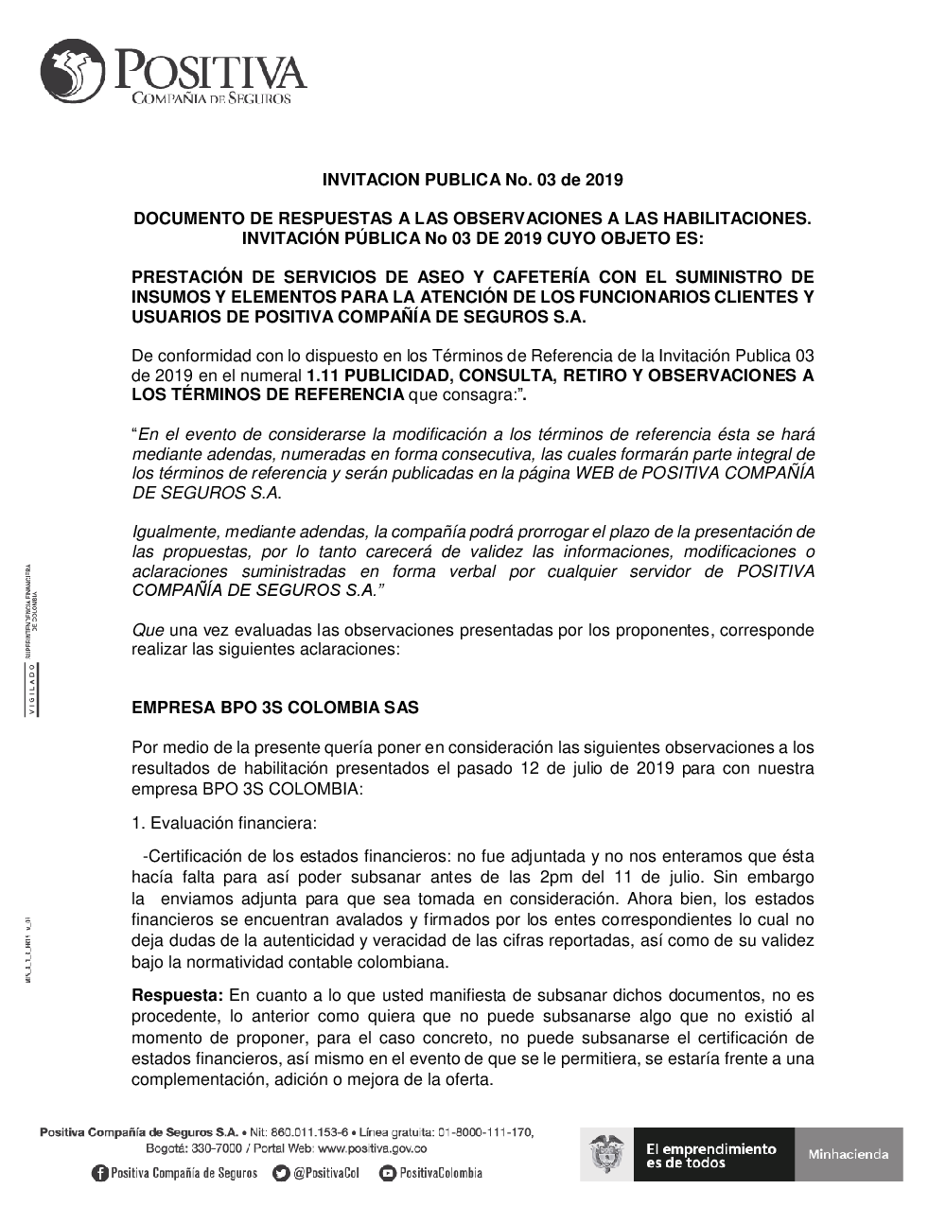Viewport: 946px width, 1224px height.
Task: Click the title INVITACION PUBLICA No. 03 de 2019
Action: pyautogui.click(x=473, y=179)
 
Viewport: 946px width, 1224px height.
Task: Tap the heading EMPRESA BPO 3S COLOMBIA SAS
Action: pyautogui.click(x=275, y=708)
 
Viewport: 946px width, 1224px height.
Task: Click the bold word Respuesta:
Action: pyautogui.click(x=177, y=995)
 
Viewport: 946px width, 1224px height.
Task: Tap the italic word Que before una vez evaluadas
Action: pyautogui.click(x=148, y=630)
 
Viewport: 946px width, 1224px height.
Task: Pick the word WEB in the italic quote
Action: pyautogui.click(x=596, y=473)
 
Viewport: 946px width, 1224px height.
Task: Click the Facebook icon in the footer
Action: pyautogui.click(x=99, y=1173)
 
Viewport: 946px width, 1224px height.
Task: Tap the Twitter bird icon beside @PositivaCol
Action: pyautogui.click(x=281, y=1173)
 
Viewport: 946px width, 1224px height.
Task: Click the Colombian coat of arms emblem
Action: pyautogui.click(x=606, y=1154)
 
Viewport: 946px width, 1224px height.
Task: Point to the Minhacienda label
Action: pyautogui.click(x=848, y=1154)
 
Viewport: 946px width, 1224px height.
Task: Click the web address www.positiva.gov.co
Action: pyautogui.click(x=372, y=1148)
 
